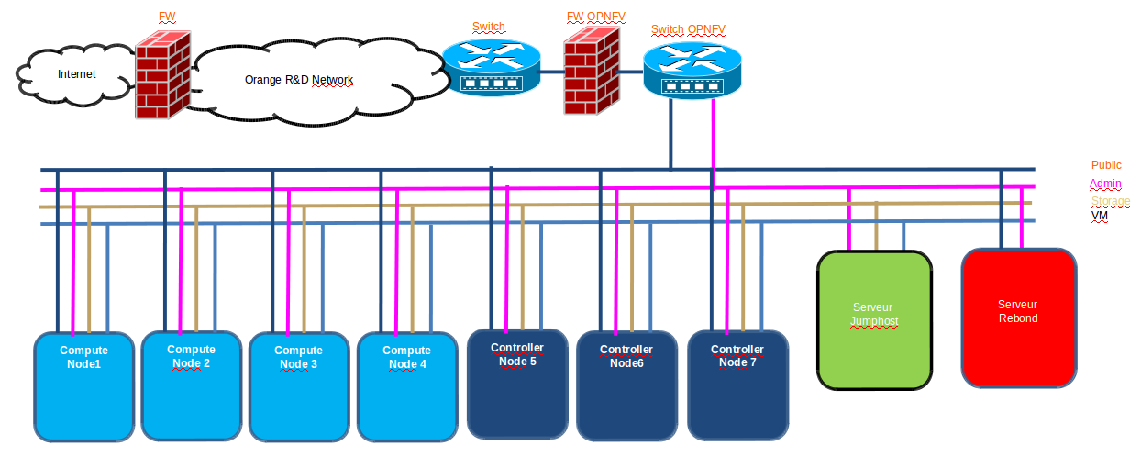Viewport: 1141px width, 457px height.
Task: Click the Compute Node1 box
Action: click(83, 386)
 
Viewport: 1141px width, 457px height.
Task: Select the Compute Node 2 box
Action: click(191, 385)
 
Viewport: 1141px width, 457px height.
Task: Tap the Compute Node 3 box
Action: click(298, 386)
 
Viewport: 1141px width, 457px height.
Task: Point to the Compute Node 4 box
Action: click(406, 386)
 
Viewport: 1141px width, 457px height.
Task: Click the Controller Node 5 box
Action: click(516, 384)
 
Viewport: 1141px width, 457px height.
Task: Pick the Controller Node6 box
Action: click(626, 385)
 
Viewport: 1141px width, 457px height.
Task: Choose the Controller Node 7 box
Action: click(737, 385)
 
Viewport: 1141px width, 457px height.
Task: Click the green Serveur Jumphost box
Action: click(874, 319)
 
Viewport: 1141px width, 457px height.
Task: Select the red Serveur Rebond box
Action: click(1018, 317)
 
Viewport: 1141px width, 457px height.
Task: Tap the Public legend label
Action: click(1106, 165)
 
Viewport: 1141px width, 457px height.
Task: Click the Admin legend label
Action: click(1105, 184)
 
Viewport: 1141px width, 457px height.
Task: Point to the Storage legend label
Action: click(1110, 201)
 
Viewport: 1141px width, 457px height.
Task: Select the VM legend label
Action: click(1099, 215)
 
